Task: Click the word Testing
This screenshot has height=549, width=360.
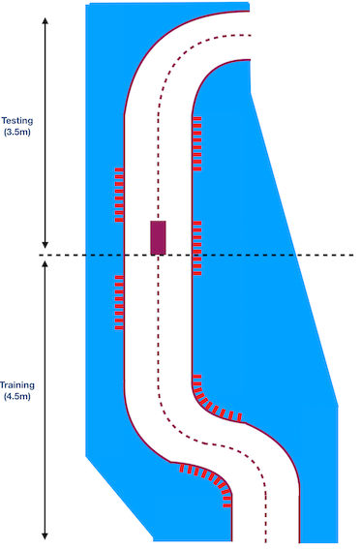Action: pos(17,121)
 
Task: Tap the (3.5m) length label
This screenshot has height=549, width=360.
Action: pos(17,133)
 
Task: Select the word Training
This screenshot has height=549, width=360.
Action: pos(17,385)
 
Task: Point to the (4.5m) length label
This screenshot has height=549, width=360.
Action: pos(17,397)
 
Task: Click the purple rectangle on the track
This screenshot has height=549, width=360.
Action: pos(158,238)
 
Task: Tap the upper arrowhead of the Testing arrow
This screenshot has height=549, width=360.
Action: pos(45,20)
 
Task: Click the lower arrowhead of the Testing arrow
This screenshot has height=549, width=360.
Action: pos(45,244)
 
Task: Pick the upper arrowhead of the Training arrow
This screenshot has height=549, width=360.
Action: pos(45,264)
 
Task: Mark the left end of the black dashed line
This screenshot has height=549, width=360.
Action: pos(39,255)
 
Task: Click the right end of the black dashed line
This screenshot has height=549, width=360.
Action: pos(353,255)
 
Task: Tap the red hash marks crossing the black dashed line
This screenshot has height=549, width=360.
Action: pos(197,248)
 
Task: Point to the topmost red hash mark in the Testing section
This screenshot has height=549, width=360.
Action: pos(197,119)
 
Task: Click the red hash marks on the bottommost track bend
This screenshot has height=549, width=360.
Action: pos(208,480)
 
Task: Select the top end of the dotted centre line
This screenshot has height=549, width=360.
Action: pos(251,35)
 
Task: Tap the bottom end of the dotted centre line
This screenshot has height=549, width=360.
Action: pos(266,541)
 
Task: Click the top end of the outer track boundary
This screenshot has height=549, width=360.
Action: pos(249,12)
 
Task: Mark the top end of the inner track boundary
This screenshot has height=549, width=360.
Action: pos(250,60)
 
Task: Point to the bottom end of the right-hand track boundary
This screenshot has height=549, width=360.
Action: pos(299,542)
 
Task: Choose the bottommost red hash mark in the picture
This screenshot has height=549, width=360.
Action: pos(227,505)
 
